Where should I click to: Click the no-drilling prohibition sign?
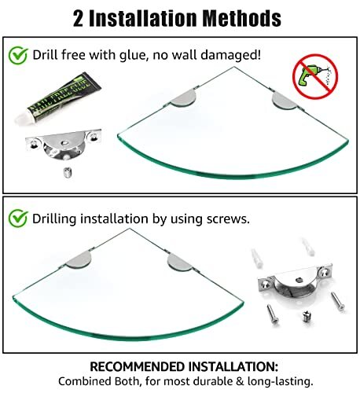[315, 76]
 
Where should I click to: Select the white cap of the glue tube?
[22, 118]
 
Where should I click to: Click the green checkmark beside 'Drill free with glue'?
[18, 56]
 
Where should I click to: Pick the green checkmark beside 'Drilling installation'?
[18, 219]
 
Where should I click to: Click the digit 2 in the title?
[78, 19]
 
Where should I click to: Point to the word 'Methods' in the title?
[242, 18]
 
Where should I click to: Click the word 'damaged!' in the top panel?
[231, 55]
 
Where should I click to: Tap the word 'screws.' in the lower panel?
[228, 219]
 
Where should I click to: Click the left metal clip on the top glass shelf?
[183, 97]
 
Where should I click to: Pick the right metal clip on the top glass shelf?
[285, 100]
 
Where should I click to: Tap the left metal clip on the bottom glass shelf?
[79, 259]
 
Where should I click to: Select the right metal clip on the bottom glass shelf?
[180, 263]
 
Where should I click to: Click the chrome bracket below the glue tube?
[64, 144]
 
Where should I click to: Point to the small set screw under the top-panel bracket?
[68, 173]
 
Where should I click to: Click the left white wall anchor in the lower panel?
[257, 259]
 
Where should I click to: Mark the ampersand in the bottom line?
[240, 381]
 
